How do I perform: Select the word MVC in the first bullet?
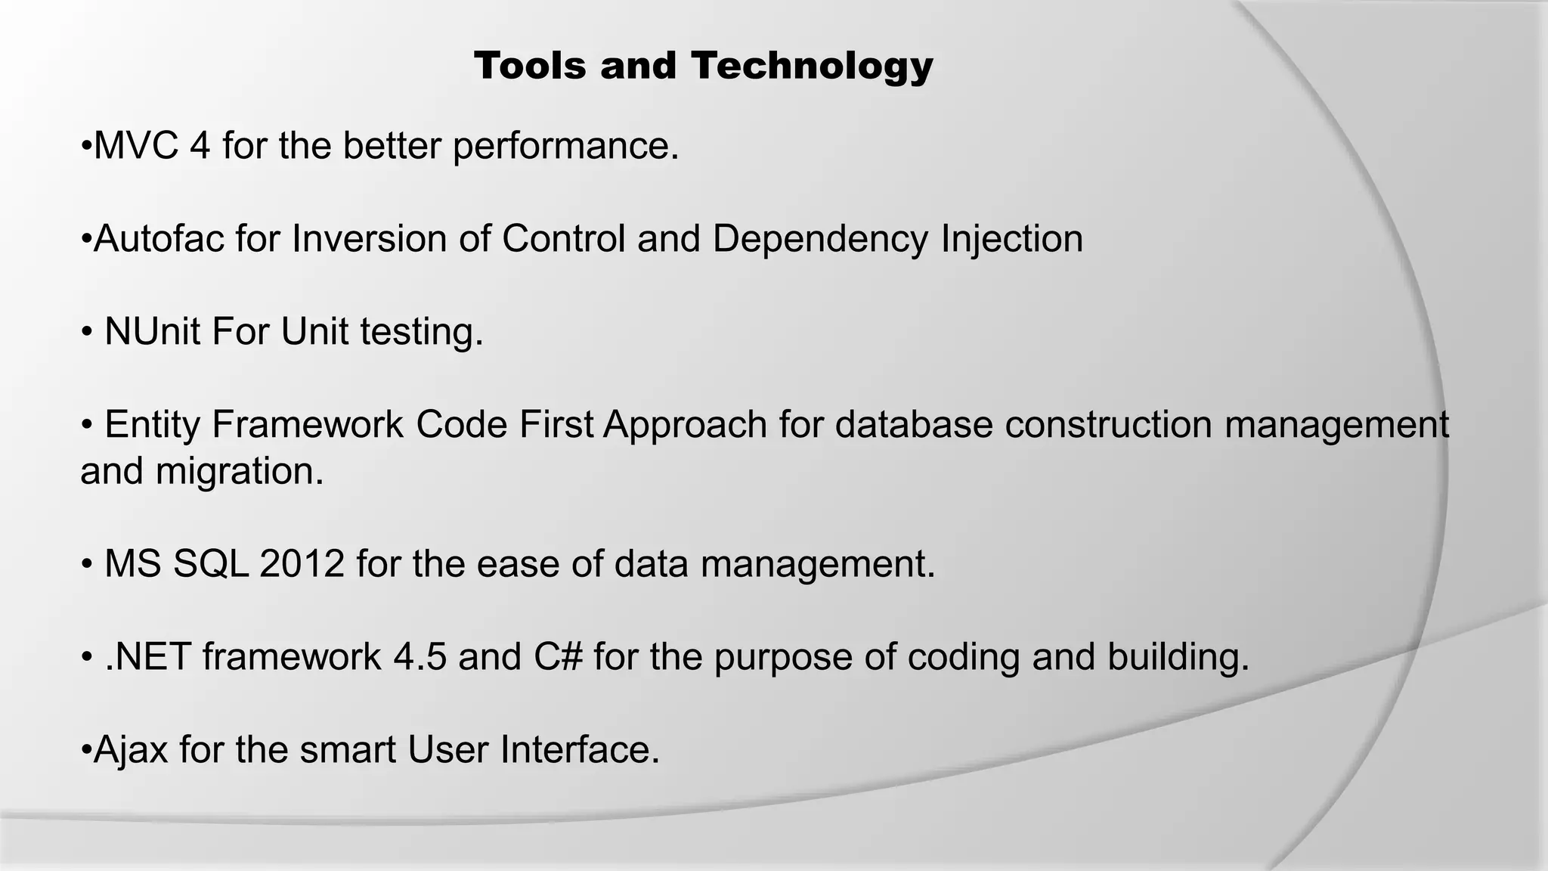136,145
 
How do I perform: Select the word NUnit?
152,332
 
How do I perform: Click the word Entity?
151,425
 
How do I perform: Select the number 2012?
302,564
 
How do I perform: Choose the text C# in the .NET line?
558,657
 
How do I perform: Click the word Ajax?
130,751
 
